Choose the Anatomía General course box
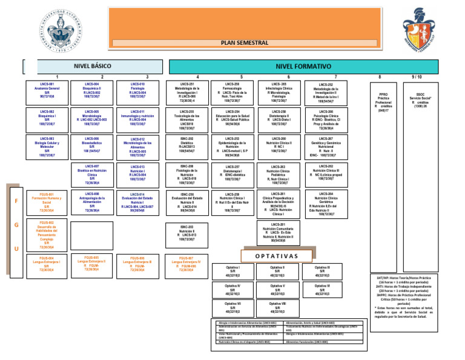(x=47, y=90)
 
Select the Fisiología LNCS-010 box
(x=137, y=90)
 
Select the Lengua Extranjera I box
(x=47, y=264)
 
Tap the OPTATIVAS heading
(x=277, y=255)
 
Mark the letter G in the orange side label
(x=16, y=225)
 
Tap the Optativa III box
(x=323, y=271)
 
